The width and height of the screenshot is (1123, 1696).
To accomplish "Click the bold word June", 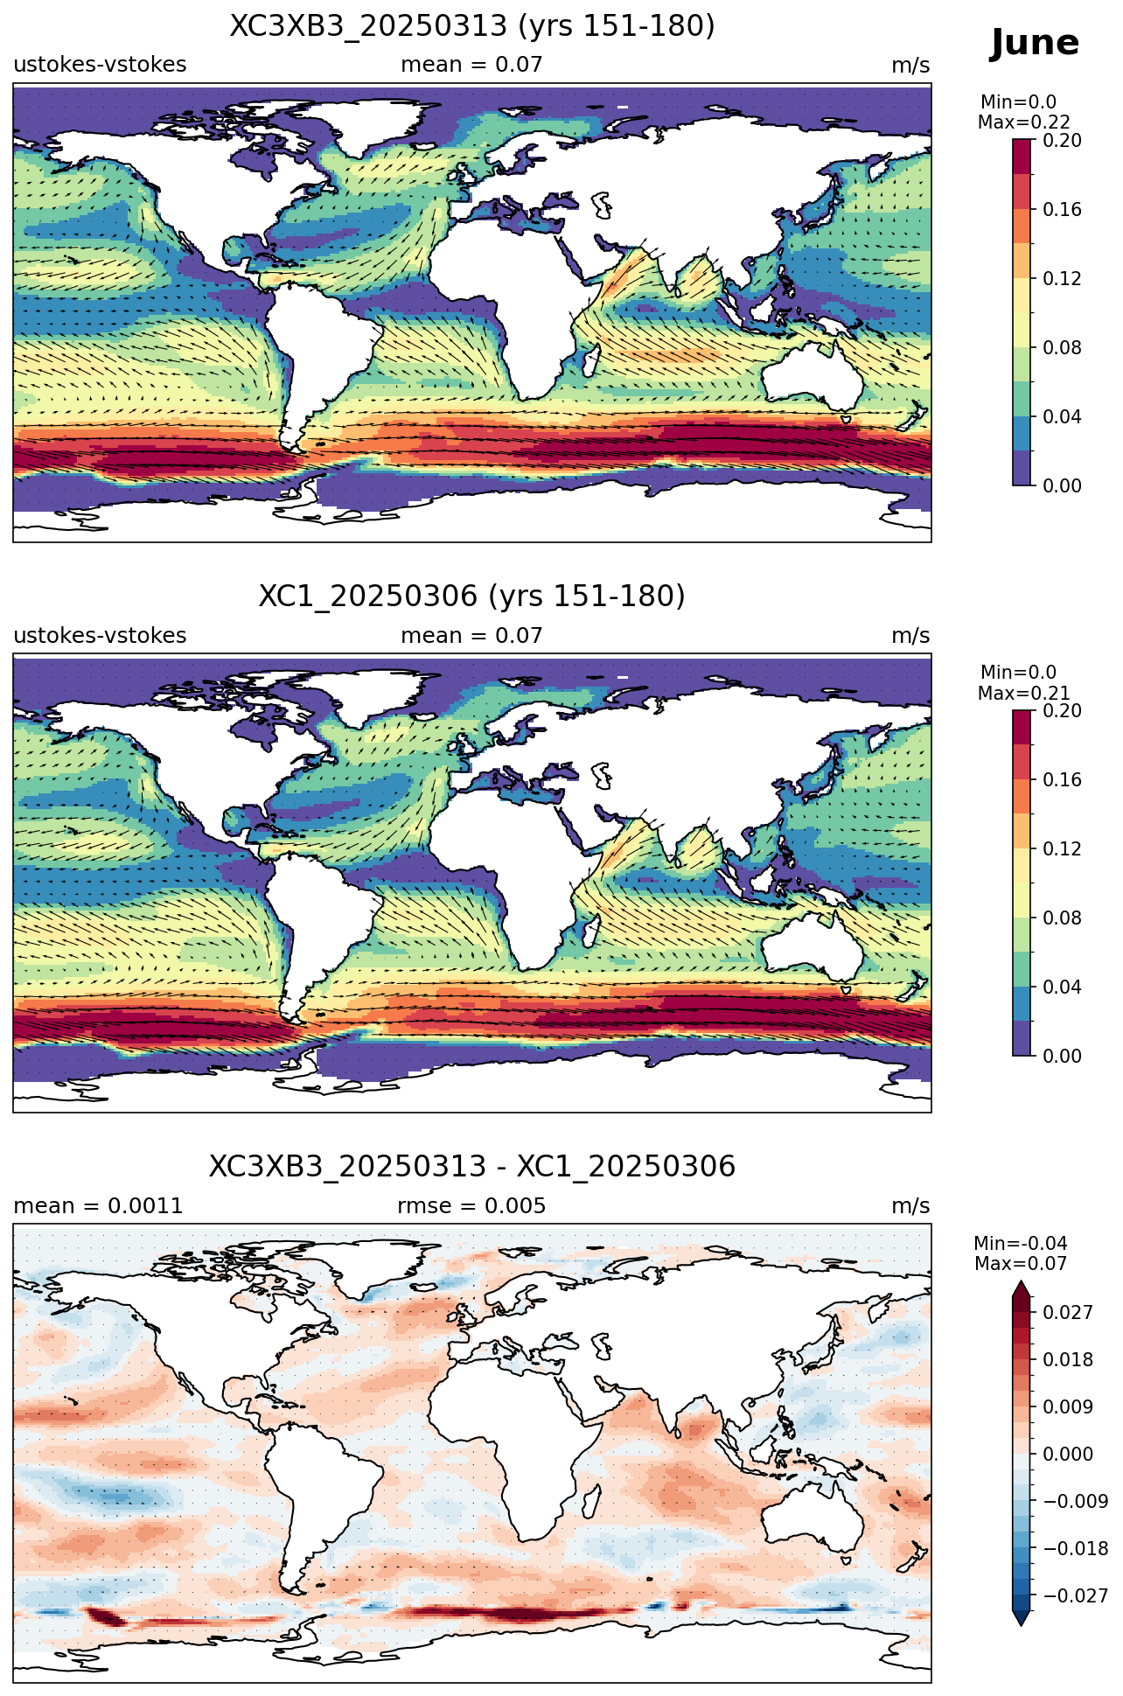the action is click(x=1035, y=43).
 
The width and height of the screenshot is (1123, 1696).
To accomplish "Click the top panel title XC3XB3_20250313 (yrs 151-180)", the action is click(x=472, y=26).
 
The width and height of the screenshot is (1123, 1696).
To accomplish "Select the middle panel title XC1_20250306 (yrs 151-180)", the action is click(x=472, y=597).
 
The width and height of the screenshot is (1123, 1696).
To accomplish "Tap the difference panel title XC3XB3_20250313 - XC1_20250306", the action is click(x=472, y=1167).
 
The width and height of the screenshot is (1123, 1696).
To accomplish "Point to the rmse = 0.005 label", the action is click(x=471, y=1206).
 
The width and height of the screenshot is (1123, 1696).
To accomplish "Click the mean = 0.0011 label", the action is click(x=98, y=1206).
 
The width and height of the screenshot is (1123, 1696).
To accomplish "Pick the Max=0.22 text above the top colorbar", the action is click(x=1023, y=122).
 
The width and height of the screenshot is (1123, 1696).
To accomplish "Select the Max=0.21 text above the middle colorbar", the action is click(x=1023, y=694).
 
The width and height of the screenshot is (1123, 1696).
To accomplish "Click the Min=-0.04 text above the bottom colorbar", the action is click(x=1021, y=1244).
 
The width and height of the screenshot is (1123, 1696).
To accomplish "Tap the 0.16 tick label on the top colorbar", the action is click(x=1062, y=210).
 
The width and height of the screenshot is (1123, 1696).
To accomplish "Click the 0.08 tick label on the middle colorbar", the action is click(x=1062, y=918).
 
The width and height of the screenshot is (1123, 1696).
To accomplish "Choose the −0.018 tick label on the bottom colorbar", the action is click(x=1075, y=1549).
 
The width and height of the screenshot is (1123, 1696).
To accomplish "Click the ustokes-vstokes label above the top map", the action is click(x=100, y=65).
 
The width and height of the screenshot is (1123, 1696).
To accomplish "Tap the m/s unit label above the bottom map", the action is click(x=910, y=1206).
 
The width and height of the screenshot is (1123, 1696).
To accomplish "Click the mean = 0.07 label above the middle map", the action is click(x=471, y=636).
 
